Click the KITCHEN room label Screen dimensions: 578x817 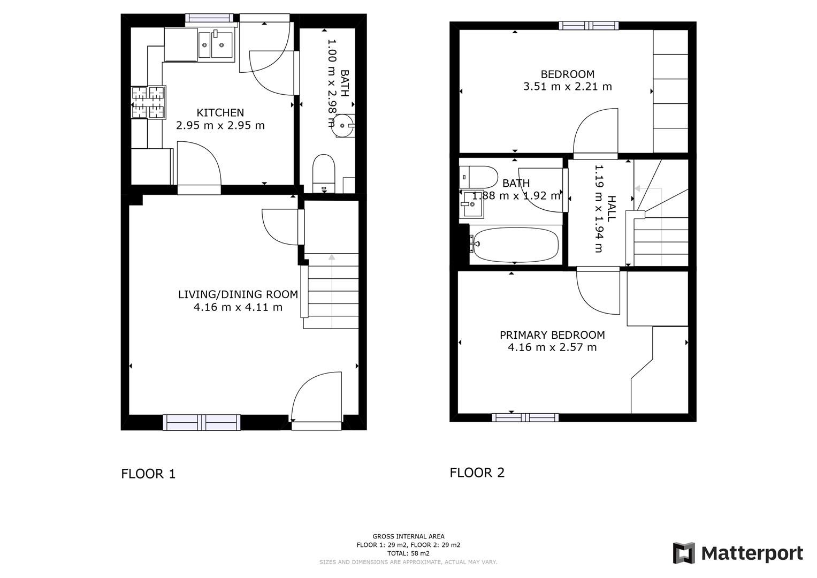pos(220,112)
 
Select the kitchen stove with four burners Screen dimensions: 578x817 pos(148,102)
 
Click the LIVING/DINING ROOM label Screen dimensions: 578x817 pos(238,294)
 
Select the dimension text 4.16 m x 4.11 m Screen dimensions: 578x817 pos(238,307)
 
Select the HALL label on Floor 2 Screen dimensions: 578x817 pos(612,208)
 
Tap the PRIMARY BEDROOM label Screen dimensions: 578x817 pos(552,335)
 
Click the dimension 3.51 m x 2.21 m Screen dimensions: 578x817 pos(567,86)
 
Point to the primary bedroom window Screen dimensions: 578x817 pos(525,417)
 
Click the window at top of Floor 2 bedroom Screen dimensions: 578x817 pos(589,25)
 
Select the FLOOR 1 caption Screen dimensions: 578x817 pos(148,474)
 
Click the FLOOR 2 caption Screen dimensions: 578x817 pos(477,473)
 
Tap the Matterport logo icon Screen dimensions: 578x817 pos(683,553)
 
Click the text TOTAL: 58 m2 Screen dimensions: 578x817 pos(408,553)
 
